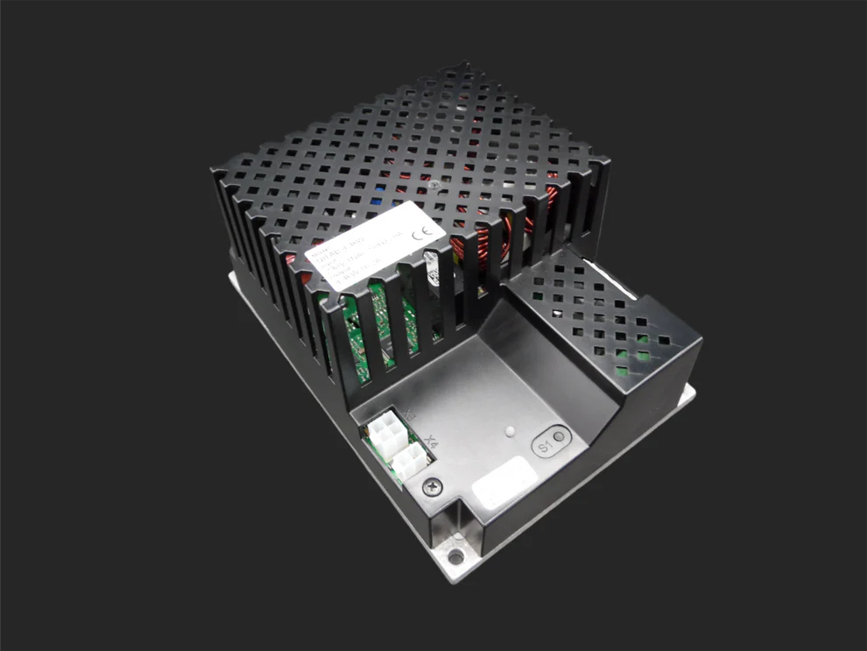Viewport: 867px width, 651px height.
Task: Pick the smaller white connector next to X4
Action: pos(407,460)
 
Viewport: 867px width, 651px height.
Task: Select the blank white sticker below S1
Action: pos(504,482)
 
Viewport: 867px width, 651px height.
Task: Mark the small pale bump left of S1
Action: pos(509,432)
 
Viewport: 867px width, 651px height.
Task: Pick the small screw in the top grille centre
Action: pos(435,186)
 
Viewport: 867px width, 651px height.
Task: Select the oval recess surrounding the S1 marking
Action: pos(549,442)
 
